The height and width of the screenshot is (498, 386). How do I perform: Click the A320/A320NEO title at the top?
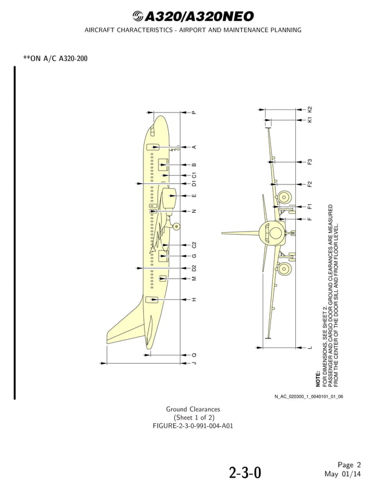(193, 16)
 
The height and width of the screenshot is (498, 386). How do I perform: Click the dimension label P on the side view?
(194, 112)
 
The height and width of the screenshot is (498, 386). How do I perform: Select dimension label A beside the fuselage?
(194, 147)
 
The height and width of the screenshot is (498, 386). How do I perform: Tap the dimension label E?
(194, 196)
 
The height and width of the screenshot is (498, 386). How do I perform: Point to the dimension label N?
(194, 212)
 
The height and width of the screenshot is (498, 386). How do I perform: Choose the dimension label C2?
(194, 245)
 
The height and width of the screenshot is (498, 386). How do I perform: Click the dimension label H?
(194, 300)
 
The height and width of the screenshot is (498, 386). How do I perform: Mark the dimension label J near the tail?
(194, 363)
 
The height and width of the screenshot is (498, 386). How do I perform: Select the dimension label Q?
(194, 355)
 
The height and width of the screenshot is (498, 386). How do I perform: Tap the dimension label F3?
(310, 162)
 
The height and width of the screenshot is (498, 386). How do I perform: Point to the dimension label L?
(310, 348)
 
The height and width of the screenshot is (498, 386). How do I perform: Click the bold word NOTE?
(318, 379)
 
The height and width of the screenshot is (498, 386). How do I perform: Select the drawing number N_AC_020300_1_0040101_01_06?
(309, 396)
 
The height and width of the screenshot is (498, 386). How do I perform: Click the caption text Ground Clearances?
(193, 410)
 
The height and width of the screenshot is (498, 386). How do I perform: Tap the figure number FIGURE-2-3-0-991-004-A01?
(193, 425)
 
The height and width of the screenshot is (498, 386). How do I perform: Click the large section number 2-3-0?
(245, 473)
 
